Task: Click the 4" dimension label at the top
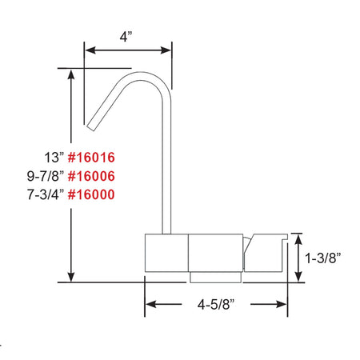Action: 126,37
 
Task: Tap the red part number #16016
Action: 91,158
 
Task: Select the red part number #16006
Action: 91,176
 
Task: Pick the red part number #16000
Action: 91,194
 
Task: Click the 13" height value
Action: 54,158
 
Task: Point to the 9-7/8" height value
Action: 46,176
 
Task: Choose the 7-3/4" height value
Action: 46,194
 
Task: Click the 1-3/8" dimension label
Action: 322,258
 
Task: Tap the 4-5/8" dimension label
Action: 216,304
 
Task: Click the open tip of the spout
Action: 90,128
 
